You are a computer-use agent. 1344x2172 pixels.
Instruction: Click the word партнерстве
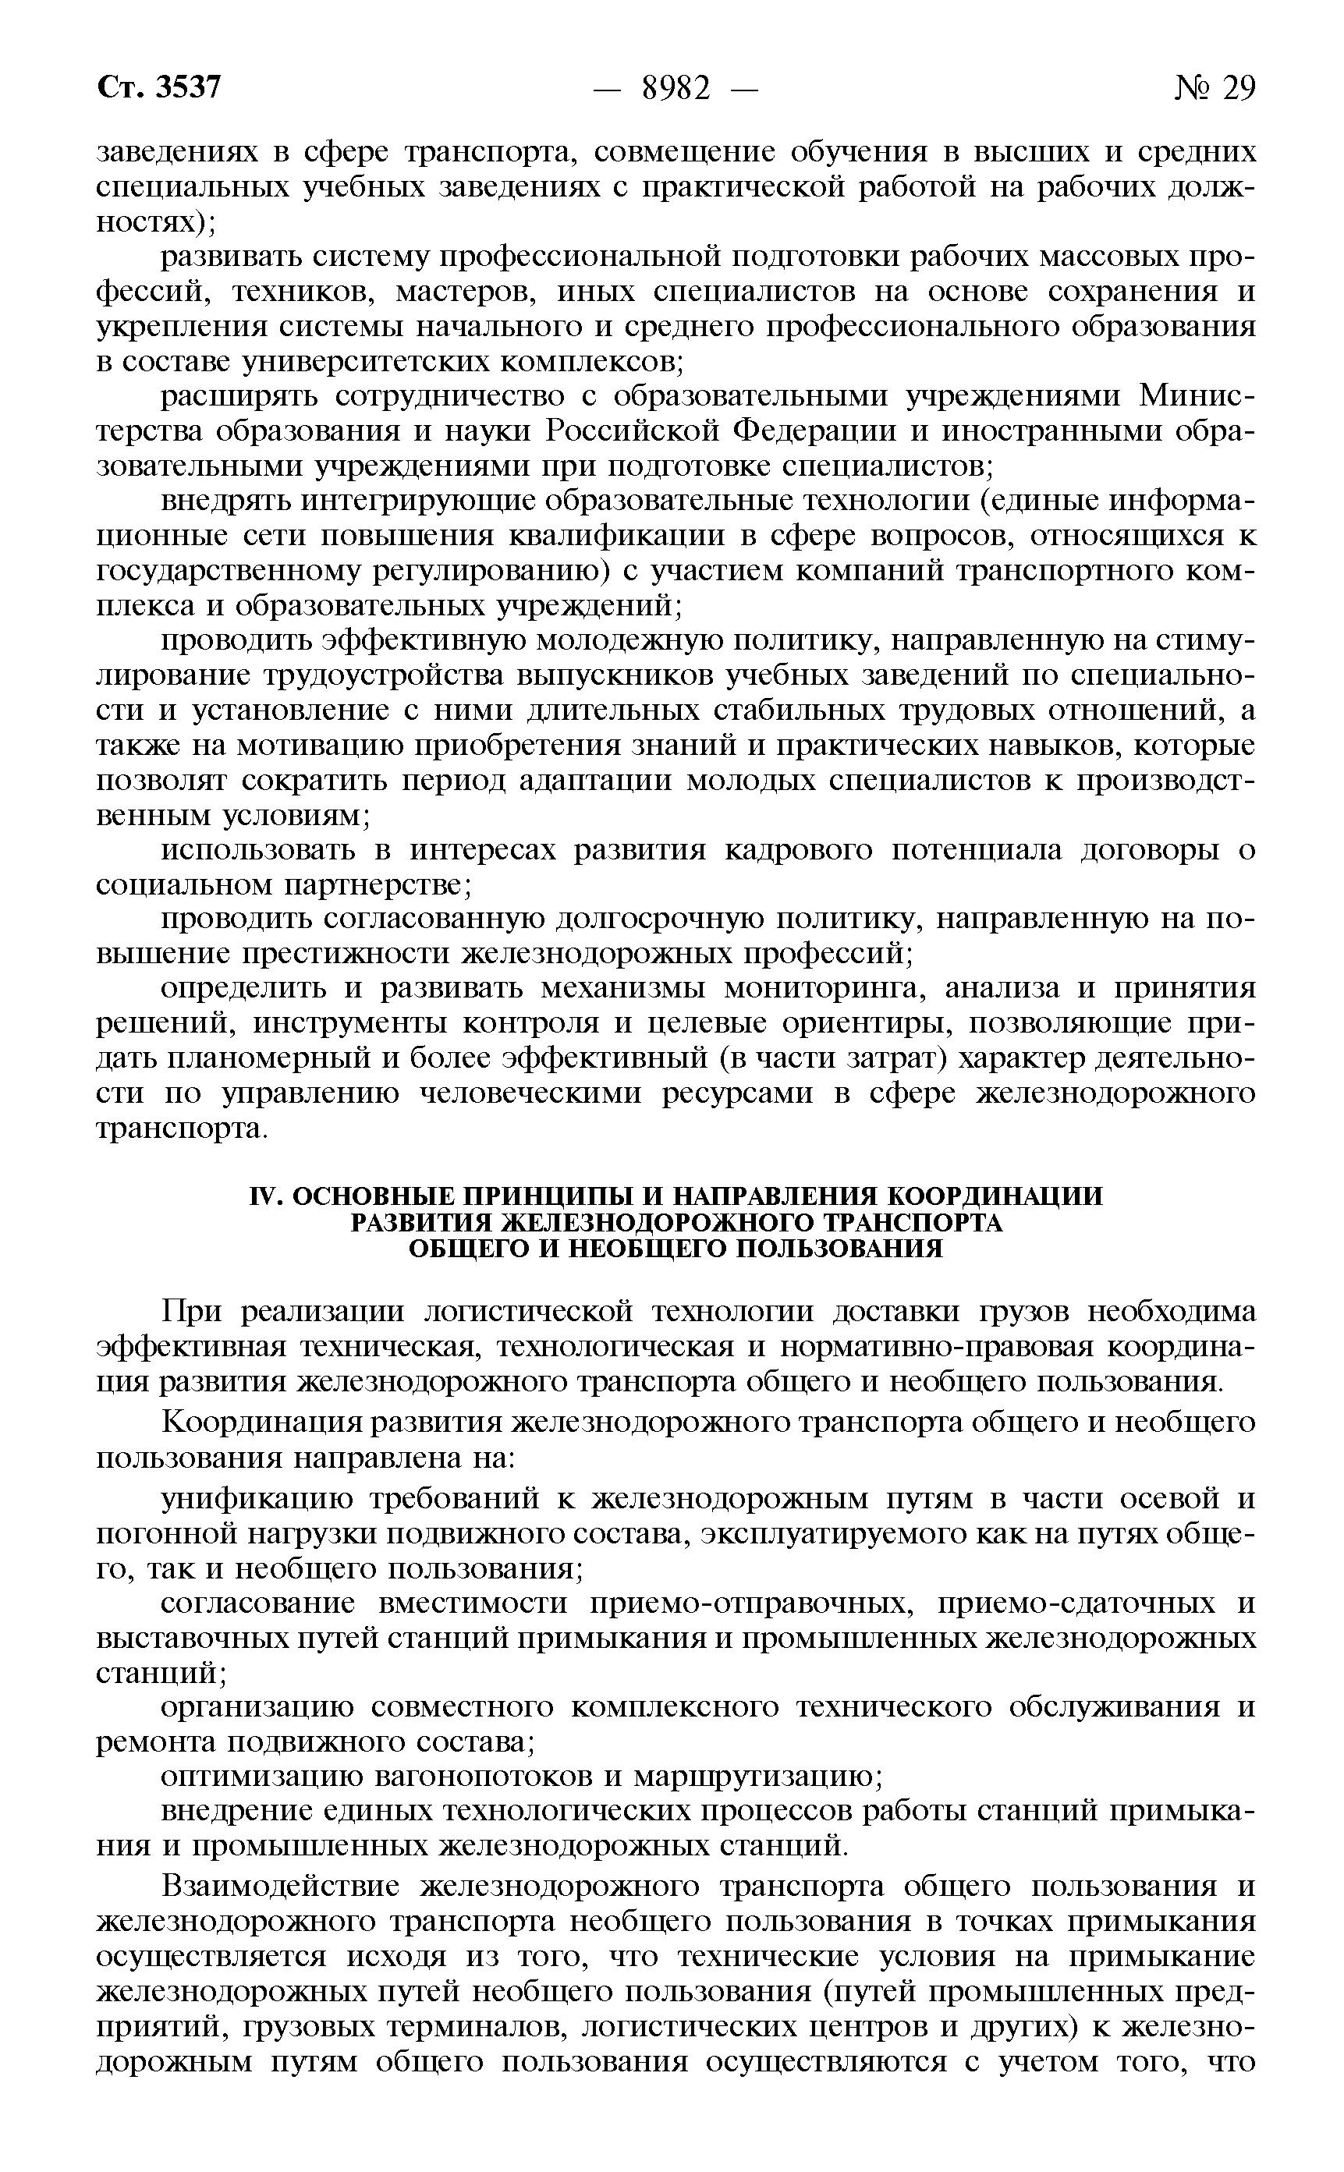(376, 885)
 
